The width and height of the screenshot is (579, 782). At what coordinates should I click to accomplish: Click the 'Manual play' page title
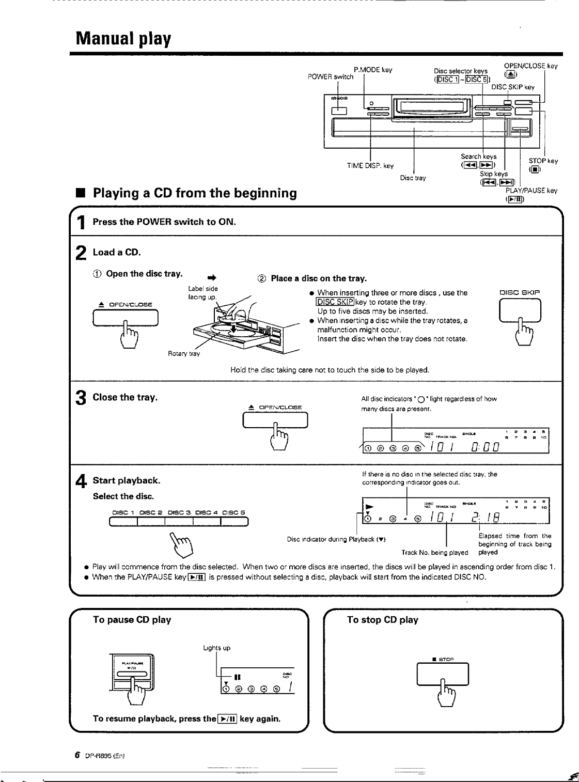(x=123, y=39)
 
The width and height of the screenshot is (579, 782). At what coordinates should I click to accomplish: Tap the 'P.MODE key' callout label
(x=373, y=70)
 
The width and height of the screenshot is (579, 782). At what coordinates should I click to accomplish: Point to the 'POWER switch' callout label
(x=331, y=77)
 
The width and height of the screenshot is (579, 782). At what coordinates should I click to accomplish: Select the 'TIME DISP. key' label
(x=370, y=166)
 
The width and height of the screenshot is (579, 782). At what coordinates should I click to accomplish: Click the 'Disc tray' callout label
(x=413, y=178)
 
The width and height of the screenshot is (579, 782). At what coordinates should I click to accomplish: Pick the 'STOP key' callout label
(x=543, y=161)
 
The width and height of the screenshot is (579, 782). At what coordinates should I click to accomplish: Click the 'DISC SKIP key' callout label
(x=513, y=87)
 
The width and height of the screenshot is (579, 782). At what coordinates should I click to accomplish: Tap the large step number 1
(x=81, y=223)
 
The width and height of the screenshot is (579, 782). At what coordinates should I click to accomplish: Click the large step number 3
(x=81, y=398)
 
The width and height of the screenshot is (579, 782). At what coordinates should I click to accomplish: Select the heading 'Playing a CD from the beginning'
(x=195, y=193)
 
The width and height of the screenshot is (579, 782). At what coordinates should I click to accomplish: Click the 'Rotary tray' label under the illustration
(x=183, y=354)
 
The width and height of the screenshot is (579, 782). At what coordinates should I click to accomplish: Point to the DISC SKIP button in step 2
(x=520, y=311)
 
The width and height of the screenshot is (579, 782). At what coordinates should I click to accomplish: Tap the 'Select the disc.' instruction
(x=123, y=496)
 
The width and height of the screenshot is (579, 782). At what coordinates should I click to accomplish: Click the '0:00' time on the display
(x=485, y=445)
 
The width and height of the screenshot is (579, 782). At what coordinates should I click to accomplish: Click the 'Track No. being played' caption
(x=434, y=553)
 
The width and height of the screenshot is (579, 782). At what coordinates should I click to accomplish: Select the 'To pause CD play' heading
(x=132, y=620)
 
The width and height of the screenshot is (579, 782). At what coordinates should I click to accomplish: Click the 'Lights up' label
(x=216, y=648)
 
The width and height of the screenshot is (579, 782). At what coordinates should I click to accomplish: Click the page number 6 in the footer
(x=77, y=755)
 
